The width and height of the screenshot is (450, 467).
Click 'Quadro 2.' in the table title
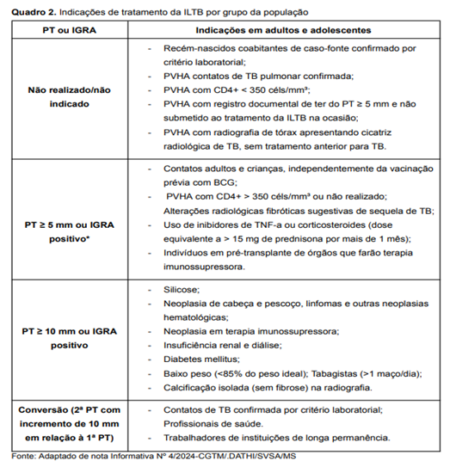click(x=28, y=11)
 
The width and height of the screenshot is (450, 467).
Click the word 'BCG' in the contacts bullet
click(x=200, y=183)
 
